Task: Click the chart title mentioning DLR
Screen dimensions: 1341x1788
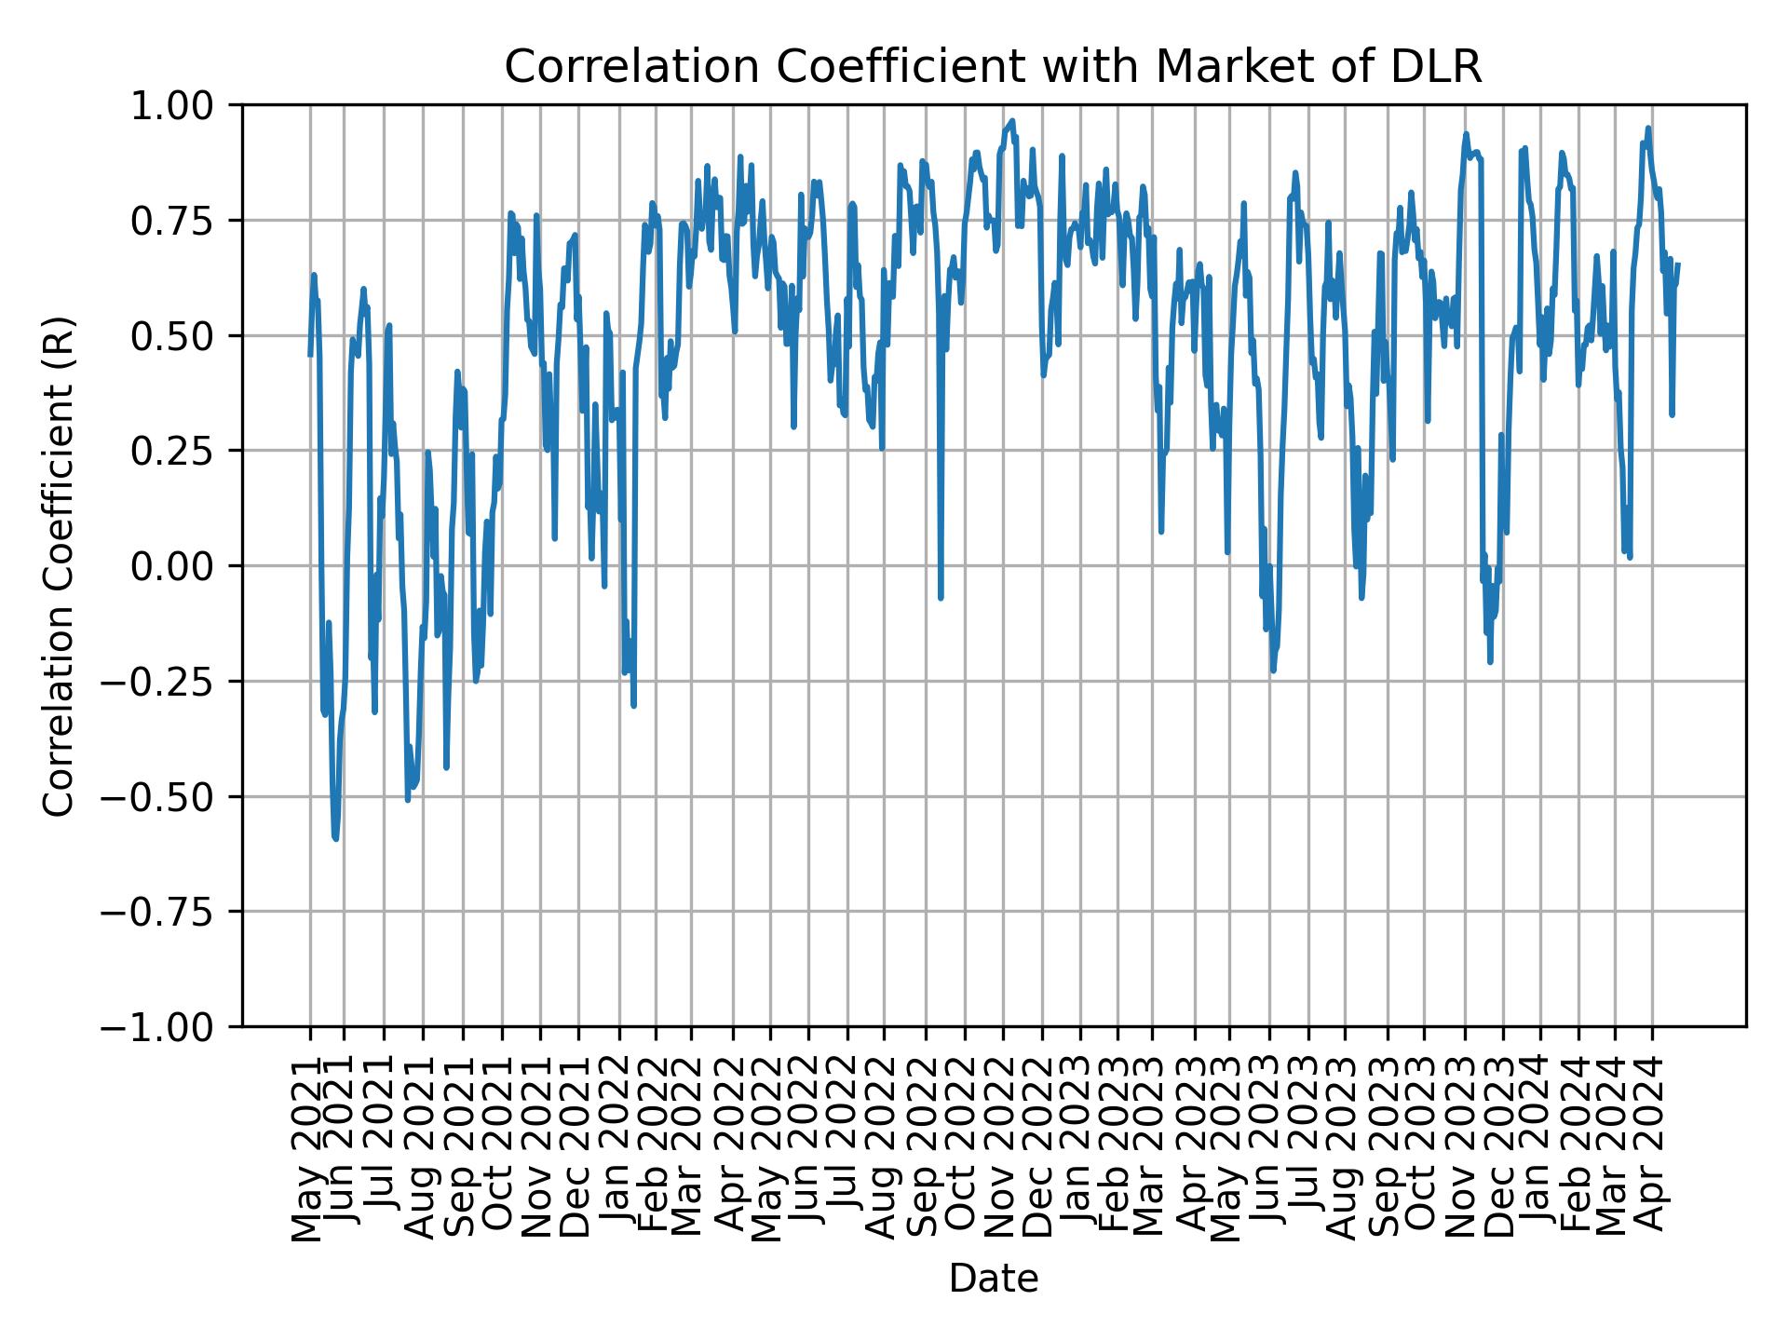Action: [x=993, y=67]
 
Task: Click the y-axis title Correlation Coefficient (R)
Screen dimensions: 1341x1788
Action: [x=59, y=565]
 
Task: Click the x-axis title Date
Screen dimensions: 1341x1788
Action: [x=993, y=1279]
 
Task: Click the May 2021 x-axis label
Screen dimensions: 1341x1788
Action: [x=310, y=1150]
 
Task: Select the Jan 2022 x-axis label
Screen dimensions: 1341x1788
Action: [x=619, y=1150]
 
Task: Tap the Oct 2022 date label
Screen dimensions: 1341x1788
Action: [x=965, y=1150]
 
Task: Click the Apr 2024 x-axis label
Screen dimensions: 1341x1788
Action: [x=1653, y=1150]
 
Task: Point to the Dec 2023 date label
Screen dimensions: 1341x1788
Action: [x=1502, y=1150]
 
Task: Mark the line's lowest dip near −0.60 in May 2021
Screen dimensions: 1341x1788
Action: [x=335, y=839]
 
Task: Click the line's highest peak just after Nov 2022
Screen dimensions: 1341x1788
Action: [x=1012, y=120]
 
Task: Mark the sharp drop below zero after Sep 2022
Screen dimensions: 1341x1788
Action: [x=941, y=597]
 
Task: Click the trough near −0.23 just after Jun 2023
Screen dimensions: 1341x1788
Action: [x=1273, y=670]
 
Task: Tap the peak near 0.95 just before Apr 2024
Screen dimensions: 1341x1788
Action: [x=1648, y=129]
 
